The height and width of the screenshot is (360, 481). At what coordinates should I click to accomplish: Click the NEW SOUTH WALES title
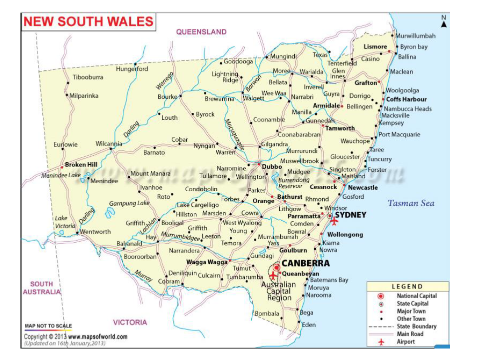[x=88, y=21]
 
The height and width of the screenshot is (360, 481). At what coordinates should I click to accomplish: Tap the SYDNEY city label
[x=350, y=215]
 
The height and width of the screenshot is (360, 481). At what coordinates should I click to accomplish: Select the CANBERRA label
[x=305, y=263]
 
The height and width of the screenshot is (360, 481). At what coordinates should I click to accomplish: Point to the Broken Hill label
[x=81, y=165]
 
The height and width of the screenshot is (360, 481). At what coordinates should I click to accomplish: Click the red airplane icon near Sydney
[x=334, y=221]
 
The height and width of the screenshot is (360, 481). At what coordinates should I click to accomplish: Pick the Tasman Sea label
[x=411, y=203]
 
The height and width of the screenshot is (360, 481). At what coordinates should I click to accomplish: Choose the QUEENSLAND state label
[x=201, y=32]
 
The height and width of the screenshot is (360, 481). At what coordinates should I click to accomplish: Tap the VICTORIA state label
[x=130, y=322]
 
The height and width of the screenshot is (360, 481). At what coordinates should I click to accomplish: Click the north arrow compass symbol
[x=443, y=22]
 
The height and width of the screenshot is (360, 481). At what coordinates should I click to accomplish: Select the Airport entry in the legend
[x=406, y=342]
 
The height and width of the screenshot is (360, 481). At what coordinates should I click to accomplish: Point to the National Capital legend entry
[x=417, y=296]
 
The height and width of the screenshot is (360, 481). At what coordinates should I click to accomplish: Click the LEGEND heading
[x=407, y=287]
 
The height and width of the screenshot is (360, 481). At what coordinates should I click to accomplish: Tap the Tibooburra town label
[x=88, y=77]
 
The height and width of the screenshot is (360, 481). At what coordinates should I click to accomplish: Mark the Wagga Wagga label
[x=207, y=262]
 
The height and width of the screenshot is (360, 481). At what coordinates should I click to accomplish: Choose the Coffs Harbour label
[x=406, y=99]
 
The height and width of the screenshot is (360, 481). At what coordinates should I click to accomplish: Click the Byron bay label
[x=414, y=47]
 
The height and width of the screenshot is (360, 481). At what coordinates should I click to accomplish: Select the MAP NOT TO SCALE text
[x=48, y=326]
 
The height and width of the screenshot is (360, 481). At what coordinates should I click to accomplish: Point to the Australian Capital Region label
[x=279, y=291]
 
